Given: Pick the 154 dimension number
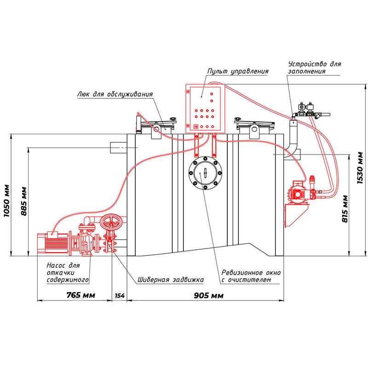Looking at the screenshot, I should click(119, 295).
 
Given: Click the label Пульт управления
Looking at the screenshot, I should click(237, 72).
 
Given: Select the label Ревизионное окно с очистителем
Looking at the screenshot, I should click(251, 276).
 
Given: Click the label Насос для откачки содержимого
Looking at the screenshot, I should click(67, 272).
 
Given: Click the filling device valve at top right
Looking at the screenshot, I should click(307, 109).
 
